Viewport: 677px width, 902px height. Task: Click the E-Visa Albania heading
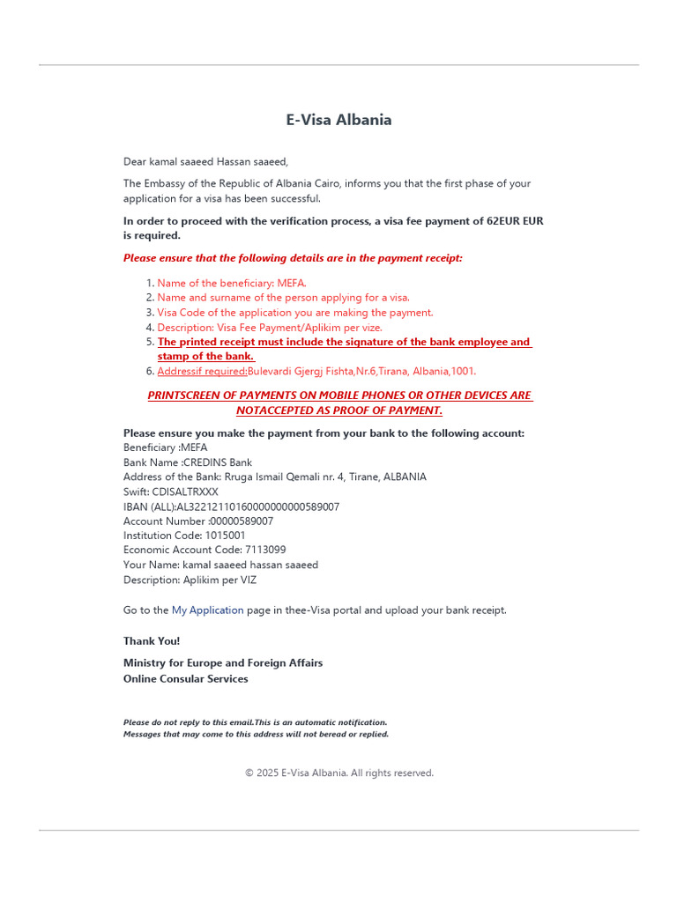point(338,120)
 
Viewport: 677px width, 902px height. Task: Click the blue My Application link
point(207,610)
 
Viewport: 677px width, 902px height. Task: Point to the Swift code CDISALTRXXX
point(185,492)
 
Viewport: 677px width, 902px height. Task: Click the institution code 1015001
point(225,536)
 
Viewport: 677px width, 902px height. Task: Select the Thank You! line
point(152,641)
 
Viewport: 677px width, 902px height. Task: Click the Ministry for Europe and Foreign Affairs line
point(223,662)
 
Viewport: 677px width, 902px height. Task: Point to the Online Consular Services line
point(186,678)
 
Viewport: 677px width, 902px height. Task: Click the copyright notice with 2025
point(339,773)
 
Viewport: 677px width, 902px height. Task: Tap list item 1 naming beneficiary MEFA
point(231,283)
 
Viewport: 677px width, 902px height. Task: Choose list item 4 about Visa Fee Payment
point(269,327)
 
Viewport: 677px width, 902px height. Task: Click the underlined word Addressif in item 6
point(180,371)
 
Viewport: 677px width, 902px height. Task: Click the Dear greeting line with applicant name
point(205,161)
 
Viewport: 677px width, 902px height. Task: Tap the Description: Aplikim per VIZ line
point(190,580)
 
